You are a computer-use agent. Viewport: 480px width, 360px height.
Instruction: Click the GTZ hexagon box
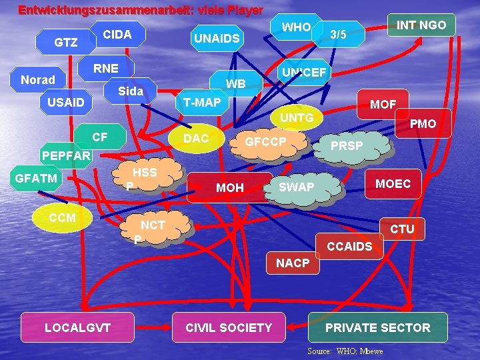click(65, 43)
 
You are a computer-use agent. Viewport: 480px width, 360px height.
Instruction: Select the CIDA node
click(117, 34)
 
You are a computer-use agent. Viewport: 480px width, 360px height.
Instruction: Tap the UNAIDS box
click(216, 39)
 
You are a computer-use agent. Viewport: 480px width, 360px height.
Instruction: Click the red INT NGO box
click(421, 25)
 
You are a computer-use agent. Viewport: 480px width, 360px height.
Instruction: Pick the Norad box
click(38, 80)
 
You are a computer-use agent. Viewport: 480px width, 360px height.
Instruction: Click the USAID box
click(65, 102)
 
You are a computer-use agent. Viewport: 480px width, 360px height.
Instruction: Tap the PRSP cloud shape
click(347, 145)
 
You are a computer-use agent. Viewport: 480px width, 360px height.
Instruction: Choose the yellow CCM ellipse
click(62, 217)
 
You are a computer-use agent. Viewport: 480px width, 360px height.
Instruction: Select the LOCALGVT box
click(77, 327)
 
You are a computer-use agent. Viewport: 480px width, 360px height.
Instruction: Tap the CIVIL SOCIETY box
click(229, 327)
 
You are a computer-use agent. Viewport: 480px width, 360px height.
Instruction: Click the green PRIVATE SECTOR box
click(377, 327)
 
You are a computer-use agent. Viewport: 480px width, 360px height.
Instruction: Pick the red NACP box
click(293, 263)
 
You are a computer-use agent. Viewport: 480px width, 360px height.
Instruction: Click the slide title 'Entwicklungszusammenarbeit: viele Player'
click(141, 11)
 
